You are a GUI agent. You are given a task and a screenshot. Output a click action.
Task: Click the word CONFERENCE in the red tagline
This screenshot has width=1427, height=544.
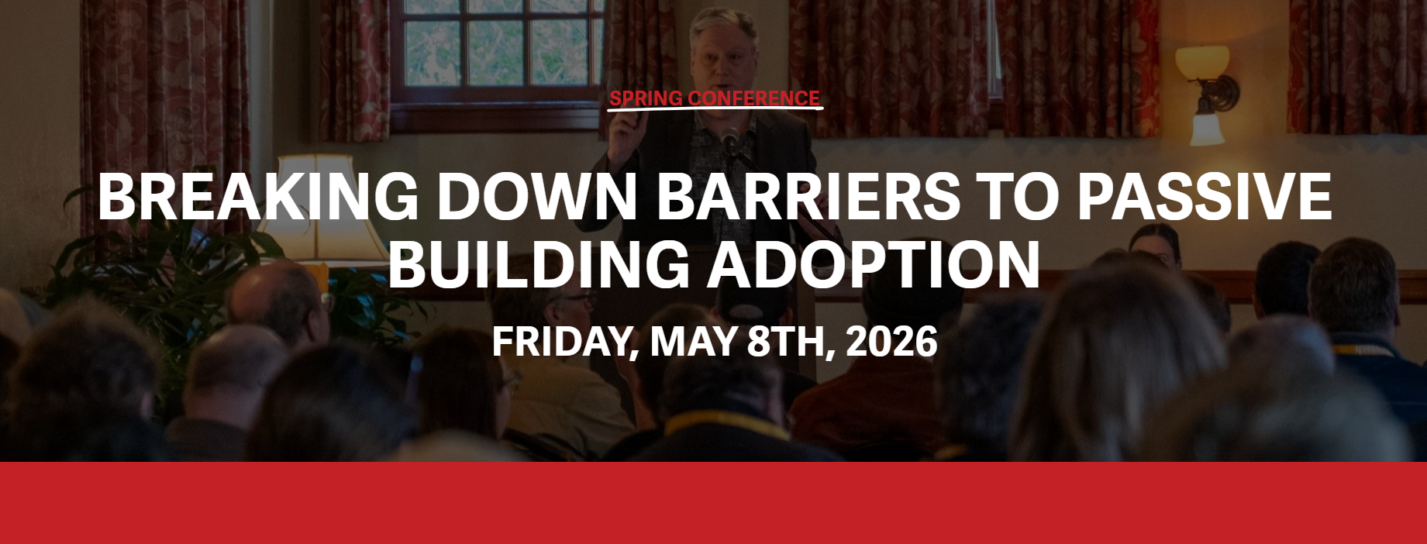click(754, 98)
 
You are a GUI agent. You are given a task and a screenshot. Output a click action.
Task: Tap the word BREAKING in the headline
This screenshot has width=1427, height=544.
click(258, 196)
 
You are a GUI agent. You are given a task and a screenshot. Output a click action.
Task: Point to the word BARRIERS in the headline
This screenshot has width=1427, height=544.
click(809, 196)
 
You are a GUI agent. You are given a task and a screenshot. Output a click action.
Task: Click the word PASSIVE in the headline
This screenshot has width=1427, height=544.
click(1204, 196)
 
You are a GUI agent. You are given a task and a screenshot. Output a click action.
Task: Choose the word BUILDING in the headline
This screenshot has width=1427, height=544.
click(539, 263)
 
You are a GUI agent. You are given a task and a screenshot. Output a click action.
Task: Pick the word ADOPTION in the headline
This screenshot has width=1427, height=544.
click(873, 263)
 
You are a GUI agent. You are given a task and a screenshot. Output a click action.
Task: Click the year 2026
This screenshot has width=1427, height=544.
click(891, 341)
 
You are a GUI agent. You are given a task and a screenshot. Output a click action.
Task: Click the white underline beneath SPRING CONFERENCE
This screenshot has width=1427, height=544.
click(715, 108)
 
